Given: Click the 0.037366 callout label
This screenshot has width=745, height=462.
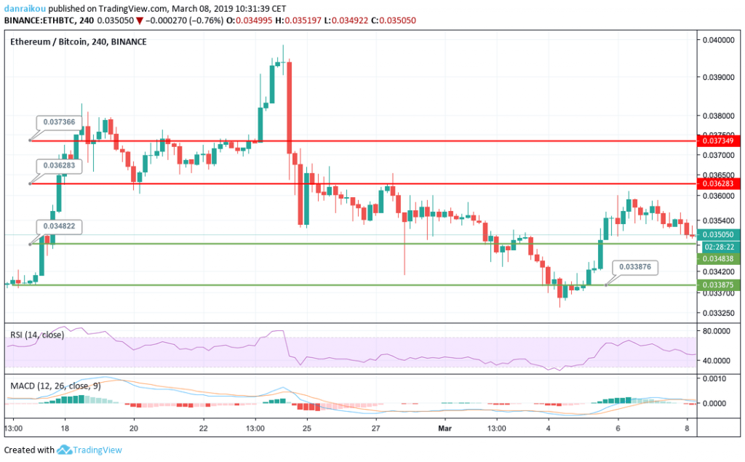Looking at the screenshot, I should pos(59,122).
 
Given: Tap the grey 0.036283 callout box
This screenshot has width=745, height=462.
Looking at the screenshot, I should pos(59,166).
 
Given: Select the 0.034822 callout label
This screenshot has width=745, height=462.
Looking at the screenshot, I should pos(59,226).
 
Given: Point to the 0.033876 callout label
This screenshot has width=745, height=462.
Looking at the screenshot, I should pos(635,267).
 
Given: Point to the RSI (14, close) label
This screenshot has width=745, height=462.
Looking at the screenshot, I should pos(37,335).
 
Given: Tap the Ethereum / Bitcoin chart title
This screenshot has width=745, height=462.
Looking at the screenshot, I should pos(79,42).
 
